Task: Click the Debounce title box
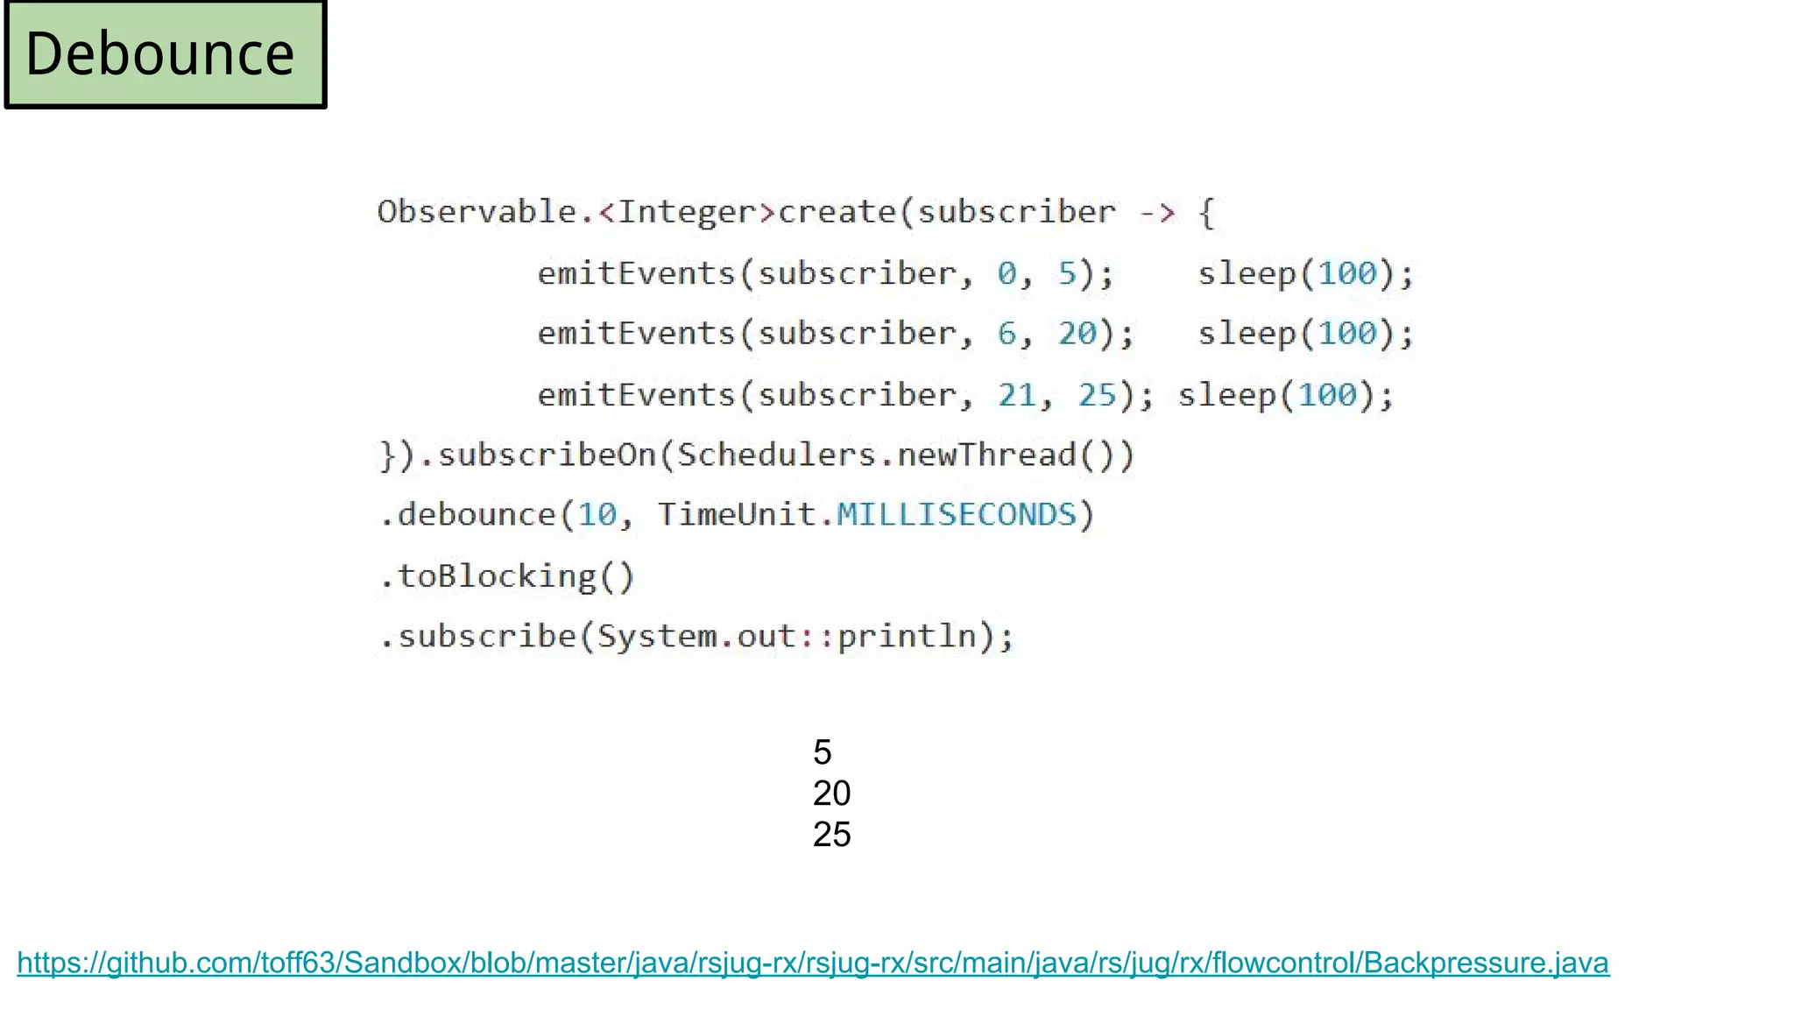click(165, 54)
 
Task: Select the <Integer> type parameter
click(687, 212)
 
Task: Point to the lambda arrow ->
click(1156, 212)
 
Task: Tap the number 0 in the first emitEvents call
click(1006, 273)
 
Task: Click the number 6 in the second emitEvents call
click(1006, 334)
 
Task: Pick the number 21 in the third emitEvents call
click(1017, 395)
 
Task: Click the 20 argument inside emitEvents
click(1077, 334)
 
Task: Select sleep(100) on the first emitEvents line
click(1305, 273)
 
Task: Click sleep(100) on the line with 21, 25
click(1285, 395)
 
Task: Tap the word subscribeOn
click(547, 455)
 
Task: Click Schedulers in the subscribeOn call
click(776, 455)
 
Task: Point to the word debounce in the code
click(477, 515)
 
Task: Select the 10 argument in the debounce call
click(597, 515)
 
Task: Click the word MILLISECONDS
click(956, 515)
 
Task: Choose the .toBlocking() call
click(506, 576)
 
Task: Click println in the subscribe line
click(907, 636)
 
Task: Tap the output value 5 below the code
click(822, 752)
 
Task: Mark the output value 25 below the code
click(831, 835)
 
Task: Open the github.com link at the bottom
click(813, 963)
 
